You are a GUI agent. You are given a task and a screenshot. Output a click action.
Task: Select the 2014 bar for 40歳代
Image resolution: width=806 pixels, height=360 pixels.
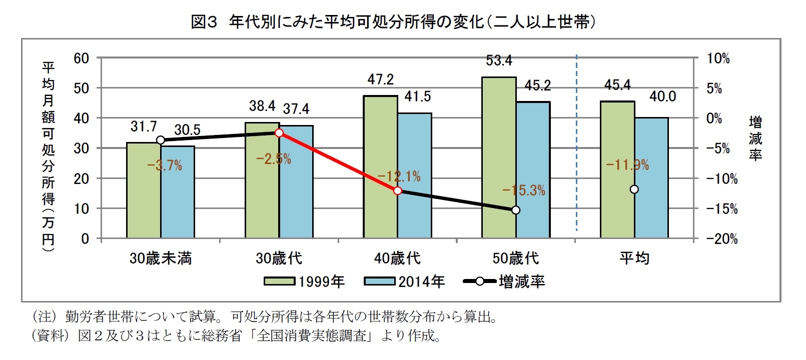[415, 175]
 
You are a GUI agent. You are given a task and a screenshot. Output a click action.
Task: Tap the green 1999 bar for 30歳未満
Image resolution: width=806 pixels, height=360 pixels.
[144, 190]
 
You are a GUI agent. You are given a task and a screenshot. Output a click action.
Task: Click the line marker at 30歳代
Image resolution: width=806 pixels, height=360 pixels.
[279, 132]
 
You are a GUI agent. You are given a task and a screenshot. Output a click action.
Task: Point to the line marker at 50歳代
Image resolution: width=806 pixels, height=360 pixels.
[516, 210]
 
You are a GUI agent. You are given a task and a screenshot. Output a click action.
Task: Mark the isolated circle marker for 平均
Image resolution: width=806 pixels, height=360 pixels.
[634, 189]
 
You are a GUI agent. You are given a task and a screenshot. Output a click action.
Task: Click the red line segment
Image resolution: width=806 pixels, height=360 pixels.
[338, 161]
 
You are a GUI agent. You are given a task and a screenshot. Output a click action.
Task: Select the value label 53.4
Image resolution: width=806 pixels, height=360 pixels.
[499, 60]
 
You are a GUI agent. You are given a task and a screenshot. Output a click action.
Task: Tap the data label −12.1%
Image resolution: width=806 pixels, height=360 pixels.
[399, 176]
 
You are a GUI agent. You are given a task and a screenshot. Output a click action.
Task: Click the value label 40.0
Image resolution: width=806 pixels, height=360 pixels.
[662, 96]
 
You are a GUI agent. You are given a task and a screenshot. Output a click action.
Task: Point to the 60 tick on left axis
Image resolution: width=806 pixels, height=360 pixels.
[82, 58]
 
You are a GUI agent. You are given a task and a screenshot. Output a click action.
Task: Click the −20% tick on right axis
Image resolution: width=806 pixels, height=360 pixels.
[722, 239]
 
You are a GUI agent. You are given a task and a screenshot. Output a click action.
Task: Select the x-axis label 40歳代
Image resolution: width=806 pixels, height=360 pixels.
[397, 258]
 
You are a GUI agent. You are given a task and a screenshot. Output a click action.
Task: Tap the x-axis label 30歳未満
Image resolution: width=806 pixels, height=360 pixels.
[160, 258]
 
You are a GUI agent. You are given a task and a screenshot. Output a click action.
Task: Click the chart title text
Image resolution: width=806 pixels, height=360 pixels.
[393, 22]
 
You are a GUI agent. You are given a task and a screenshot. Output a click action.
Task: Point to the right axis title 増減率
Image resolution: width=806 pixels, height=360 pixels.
[755, 138]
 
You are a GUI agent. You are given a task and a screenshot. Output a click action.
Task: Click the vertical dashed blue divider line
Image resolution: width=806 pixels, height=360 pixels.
[577, 145]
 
